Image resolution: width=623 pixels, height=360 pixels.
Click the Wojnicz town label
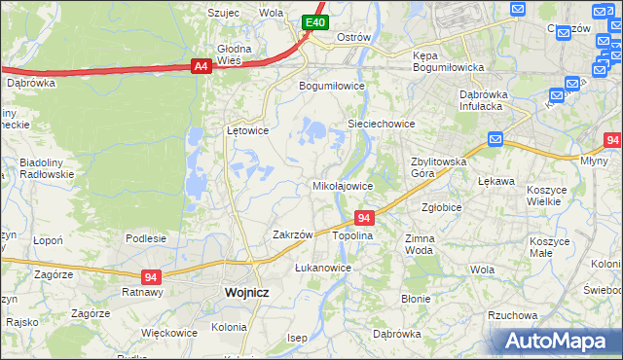245,291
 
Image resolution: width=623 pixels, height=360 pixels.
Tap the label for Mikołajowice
342,185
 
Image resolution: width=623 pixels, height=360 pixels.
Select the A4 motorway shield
201,66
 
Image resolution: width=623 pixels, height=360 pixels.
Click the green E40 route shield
313,21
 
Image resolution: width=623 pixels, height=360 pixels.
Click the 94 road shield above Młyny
612,140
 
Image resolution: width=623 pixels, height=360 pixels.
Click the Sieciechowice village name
383,124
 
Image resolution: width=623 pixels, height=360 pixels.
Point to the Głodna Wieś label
235,54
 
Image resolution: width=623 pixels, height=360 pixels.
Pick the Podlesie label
146,237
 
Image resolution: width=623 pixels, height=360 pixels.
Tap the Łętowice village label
247,129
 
